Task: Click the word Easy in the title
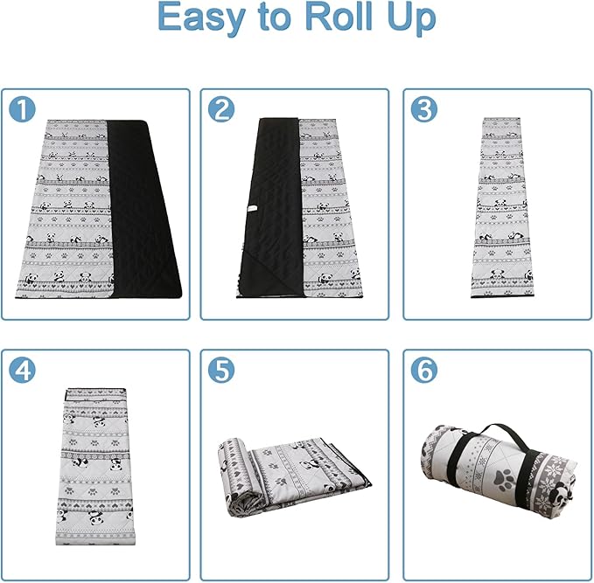pos(201,17)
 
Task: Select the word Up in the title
pos(411,18)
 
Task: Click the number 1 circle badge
pos(22,109)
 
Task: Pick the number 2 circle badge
pos(221,109)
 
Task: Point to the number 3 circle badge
pos(424,109)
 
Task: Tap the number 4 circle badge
pos(22,370)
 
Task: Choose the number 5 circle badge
pos(221,370)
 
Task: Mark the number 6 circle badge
pos(424,370)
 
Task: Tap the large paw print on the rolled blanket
pos(504,480)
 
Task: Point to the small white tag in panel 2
pos(252,209)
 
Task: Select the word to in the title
pos(277,17)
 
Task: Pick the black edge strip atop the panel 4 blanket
pos(95,390)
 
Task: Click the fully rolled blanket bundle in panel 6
pos(498,469)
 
